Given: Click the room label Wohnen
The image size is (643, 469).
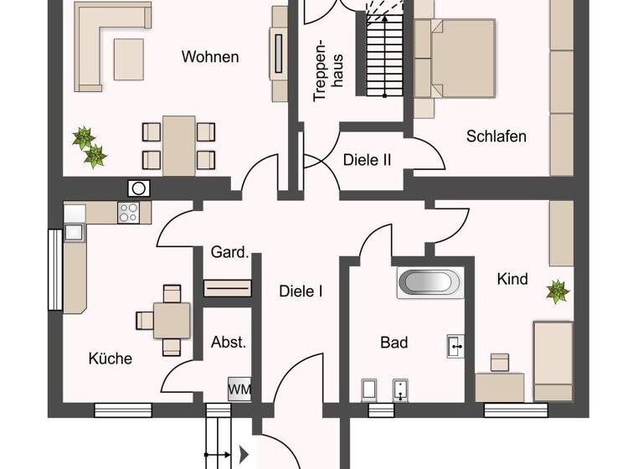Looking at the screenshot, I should (x=210, y=57).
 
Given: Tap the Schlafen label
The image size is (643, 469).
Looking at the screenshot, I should (x=496, y=136).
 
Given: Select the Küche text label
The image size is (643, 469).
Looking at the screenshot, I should (x=111, y=358).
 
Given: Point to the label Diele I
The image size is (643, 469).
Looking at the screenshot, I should (x=301, y=291).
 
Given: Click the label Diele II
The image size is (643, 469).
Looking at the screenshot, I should (x=367, y=159).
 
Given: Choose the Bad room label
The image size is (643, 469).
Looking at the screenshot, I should (x=394, y=342).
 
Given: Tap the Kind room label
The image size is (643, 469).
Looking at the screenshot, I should (x=512, y=279).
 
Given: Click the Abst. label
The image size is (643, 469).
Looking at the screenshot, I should (x=228, y=342).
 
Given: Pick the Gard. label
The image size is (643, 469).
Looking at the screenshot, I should (x=229, y=252).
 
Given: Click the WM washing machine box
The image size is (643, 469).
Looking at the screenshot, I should (x=239, y=389).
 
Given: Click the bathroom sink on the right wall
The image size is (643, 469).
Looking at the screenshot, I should (x=455, y=345).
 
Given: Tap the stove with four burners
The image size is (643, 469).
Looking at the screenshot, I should (x=129, y=213).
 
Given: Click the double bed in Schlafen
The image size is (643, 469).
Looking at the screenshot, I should (x=452, y=59).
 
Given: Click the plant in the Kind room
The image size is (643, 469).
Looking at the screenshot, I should (x=558, y=291).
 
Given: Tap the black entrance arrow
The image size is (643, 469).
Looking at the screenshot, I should (x=244, y=455).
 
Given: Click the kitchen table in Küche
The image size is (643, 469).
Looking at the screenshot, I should (x=172, y=319).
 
